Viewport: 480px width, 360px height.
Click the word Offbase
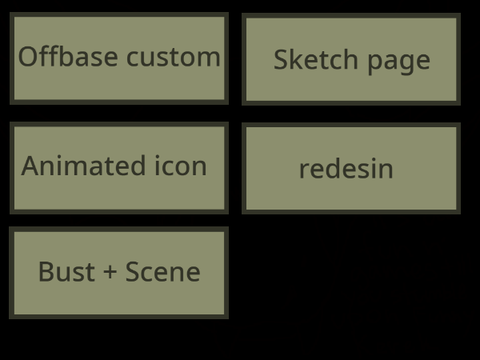68,56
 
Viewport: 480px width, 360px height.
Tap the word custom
173,58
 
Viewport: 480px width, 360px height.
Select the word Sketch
316,59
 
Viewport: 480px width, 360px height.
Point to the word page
399,63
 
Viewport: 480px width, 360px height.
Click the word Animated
83,166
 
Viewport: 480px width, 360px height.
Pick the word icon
181,166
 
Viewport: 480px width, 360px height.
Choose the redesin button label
346,168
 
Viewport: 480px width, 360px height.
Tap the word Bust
67,272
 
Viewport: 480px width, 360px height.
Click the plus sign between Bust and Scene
110,272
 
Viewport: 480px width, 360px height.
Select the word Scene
163,272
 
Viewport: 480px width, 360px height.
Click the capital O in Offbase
29,57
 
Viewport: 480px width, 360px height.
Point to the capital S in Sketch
281,59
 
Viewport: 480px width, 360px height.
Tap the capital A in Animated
32,166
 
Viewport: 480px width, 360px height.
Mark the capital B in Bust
46,272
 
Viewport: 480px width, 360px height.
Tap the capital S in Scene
132,272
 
